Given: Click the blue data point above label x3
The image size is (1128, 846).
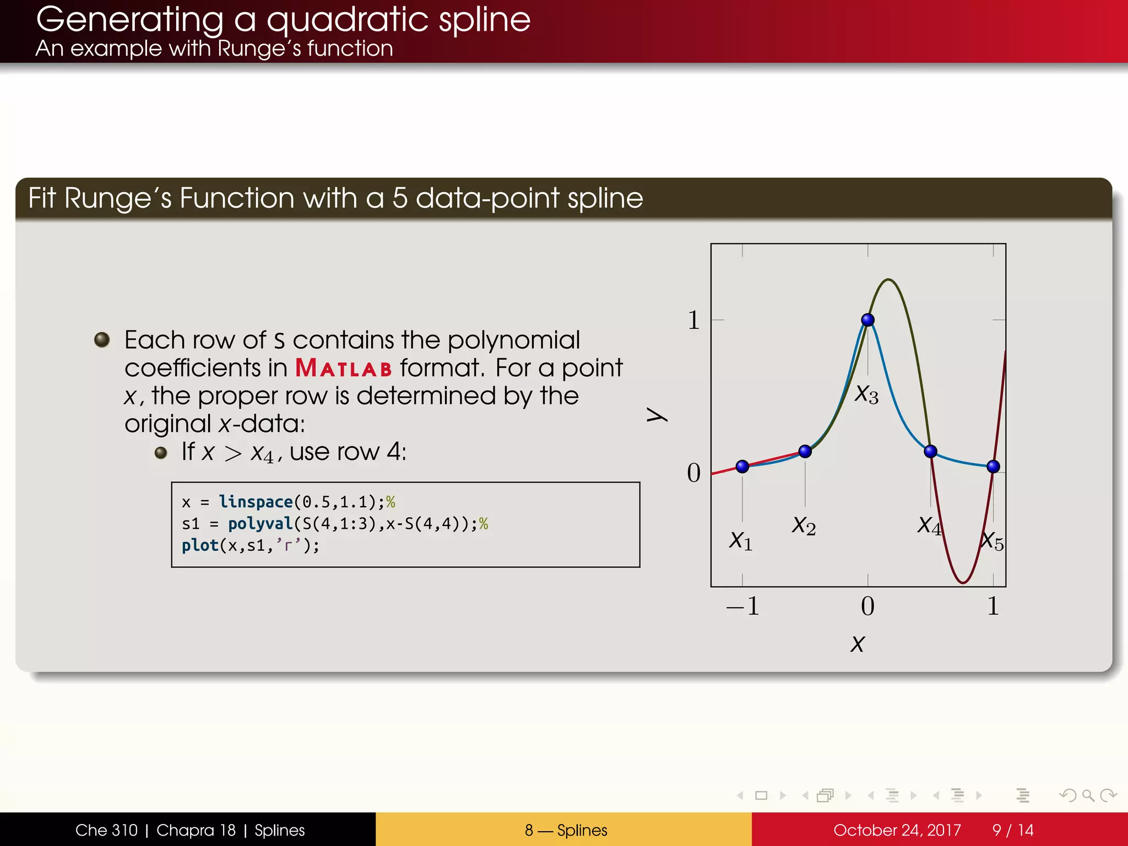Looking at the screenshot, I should point(867,319).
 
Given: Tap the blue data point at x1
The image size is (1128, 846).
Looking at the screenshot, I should point(742,467).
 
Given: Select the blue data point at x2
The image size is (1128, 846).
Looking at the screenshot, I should point(805,452).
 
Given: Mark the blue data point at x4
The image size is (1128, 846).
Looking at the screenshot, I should point(930,452).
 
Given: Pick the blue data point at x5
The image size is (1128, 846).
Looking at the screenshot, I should point(993,467).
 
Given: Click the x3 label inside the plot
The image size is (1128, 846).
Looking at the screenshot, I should point(866,394).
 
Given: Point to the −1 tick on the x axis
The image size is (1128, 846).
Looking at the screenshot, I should point(743,606).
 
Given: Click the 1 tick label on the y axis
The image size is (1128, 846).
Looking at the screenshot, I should point(693,320).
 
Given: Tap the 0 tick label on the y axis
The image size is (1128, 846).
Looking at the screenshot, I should point(693,473).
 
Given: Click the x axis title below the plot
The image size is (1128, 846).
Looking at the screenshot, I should point(858,644).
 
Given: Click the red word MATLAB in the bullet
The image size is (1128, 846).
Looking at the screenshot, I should point(344,368).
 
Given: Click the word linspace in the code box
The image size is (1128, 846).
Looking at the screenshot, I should point(256,502).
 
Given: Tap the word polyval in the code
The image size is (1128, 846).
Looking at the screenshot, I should point(260,523).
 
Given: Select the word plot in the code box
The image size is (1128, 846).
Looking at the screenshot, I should point(200,545).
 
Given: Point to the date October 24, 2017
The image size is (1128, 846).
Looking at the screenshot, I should point(897,830).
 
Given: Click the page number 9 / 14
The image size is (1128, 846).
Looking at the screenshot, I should point(1012,830).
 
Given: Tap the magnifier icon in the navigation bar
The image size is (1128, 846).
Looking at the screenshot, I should point(1087,795).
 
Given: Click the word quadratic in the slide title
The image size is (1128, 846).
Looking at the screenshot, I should point(347,20).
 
